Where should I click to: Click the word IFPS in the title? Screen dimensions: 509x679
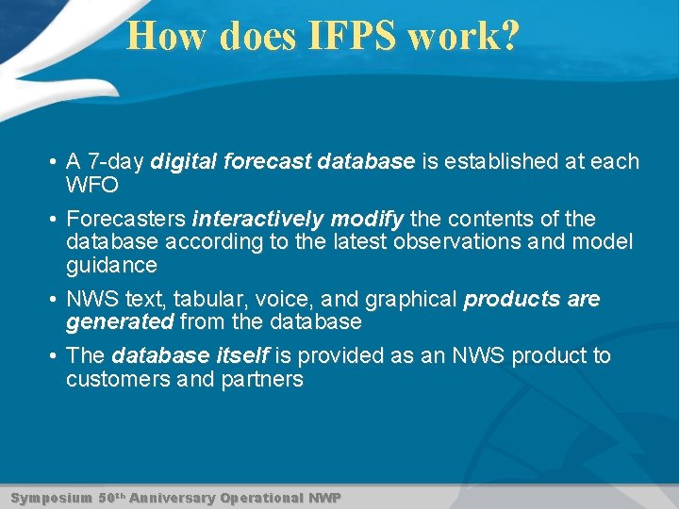click(351, 36)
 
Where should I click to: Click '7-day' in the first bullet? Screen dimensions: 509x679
click(114, 161)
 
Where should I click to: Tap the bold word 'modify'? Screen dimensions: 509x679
click(364, 219)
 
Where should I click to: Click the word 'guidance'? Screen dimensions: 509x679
click(111, 265)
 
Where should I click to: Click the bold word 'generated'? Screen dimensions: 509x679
click(120, 322)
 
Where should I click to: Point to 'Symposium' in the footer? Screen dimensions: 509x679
click(51, 497)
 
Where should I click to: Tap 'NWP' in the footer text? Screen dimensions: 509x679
click(325, 497)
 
